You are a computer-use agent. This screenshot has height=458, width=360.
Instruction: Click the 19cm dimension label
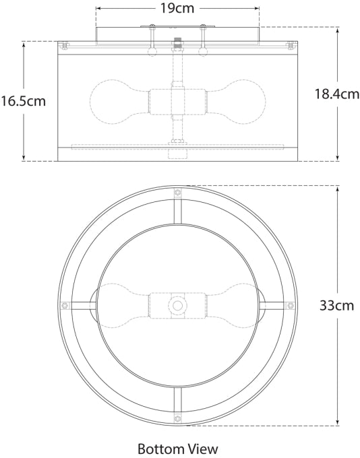[x=178, y=9]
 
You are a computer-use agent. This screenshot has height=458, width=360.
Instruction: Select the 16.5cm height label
[x=23, y=102]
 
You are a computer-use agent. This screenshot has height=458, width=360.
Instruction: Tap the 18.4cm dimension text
[x=336, y=94]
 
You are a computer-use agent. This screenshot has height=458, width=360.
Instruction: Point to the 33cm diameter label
[x=336, y=305]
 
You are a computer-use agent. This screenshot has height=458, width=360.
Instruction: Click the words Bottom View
[x=178, y=448]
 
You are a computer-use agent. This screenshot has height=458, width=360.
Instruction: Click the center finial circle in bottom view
[x=178, y=305]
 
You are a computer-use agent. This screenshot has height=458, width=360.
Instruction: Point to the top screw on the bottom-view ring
[x=178, y=193]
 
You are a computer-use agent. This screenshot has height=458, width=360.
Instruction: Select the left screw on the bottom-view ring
[x=65, y=305]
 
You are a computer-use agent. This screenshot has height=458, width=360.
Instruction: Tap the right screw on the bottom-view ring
[x=291, y=305]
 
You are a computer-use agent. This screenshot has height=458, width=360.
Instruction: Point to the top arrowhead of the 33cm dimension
[x=336, y=189]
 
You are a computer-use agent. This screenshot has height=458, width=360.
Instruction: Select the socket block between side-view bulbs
[x=172, y=101]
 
